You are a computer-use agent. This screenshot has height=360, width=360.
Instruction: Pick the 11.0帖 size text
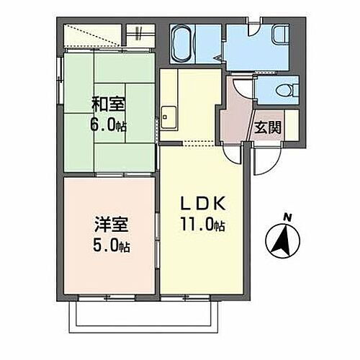pyautogui.click(x=202, y=224)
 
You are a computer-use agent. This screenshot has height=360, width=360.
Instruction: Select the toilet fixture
pyautogui.click(x=287, y=91)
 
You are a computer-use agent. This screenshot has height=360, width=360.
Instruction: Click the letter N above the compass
pyautogui.click(x=287, y=216)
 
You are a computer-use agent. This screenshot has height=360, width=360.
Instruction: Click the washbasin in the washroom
pyautogui.click(x=282, y=37)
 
